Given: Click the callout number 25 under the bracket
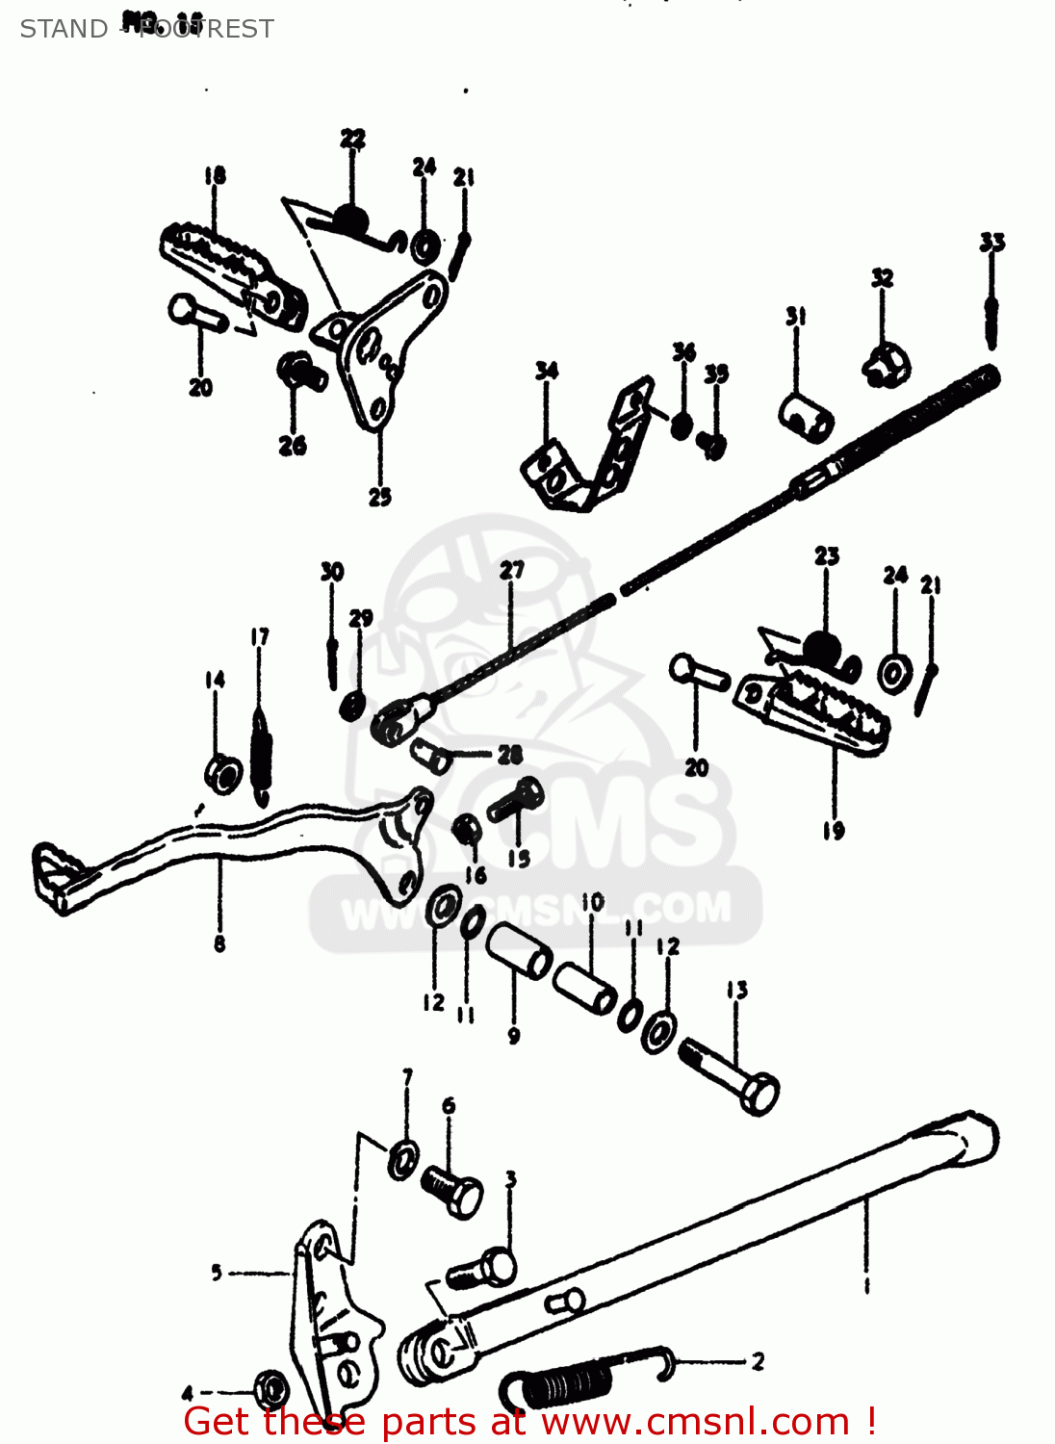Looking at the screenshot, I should pyautogui.click(x=379, y=497).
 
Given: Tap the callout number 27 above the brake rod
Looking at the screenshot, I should pyautogui.click(x=511, y=570).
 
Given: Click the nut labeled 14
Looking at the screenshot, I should pyautogui.click(x=223, y=773).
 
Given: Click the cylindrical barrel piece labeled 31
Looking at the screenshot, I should pyautogui.click(x=806, y=416).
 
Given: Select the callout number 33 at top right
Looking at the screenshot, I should pyautogui.click(x=991, y=242).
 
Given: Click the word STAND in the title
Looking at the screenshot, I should pyautogui.click(x=64, y=29).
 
